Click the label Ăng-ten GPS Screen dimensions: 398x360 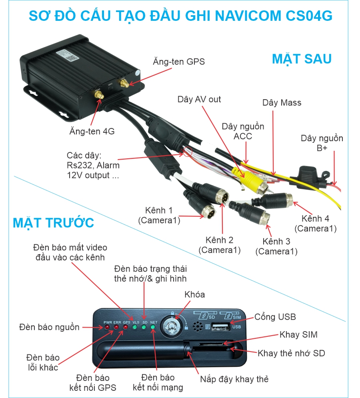[x=178, y=62]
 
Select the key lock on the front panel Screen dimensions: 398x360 [x=172, y=328]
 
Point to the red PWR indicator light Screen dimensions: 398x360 [x=107, y=327]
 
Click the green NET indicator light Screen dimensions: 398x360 [x=153, y=327]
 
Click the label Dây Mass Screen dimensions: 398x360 [x=282, y=103]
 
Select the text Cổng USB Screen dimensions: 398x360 [x=275, y=317]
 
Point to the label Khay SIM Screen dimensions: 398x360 [x=298, y=334]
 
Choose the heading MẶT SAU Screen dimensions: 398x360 [x=302, y=59]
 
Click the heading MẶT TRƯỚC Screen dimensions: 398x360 [x=54, y=222]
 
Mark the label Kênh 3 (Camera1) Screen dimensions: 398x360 [x=276, y=246]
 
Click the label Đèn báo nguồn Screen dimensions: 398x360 [x=49, y=327]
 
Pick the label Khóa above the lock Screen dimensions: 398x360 [x=194, y=294]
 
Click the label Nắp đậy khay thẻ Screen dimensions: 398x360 [x=234, y=379]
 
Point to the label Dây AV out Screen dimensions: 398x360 [x=199, y=99]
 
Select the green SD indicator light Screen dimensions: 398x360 [x=144, y=327]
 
